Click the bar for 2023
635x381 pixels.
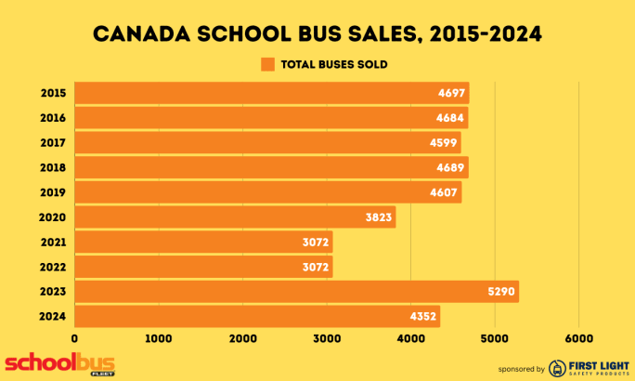[x=296, y=292]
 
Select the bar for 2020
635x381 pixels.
[x=235, y=217]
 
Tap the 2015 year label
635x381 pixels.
[x=52, y=93]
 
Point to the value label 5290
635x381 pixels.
[x=501, y=292]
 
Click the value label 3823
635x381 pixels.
[x=379, y=217]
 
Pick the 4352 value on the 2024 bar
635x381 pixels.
[x=423, y=317]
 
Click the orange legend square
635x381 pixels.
[x=268, y=64]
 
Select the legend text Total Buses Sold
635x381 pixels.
[x=333, y=64]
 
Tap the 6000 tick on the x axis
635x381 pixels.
[x=578, y=338]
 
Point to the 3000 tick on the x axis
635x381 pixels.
[x=327, y=338]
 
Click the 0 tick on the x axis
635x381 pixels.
[x=74, y=338]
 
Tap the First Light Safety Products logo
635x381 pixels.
[x=587, y=367]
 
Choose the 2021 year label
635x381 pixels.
[x=52, y=243]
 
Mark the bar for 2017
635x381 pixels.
[x=267, y=142]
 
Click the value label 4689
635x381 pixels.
[x=451, y=167]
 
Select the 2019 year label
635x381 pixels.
[x=52, y=192]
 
